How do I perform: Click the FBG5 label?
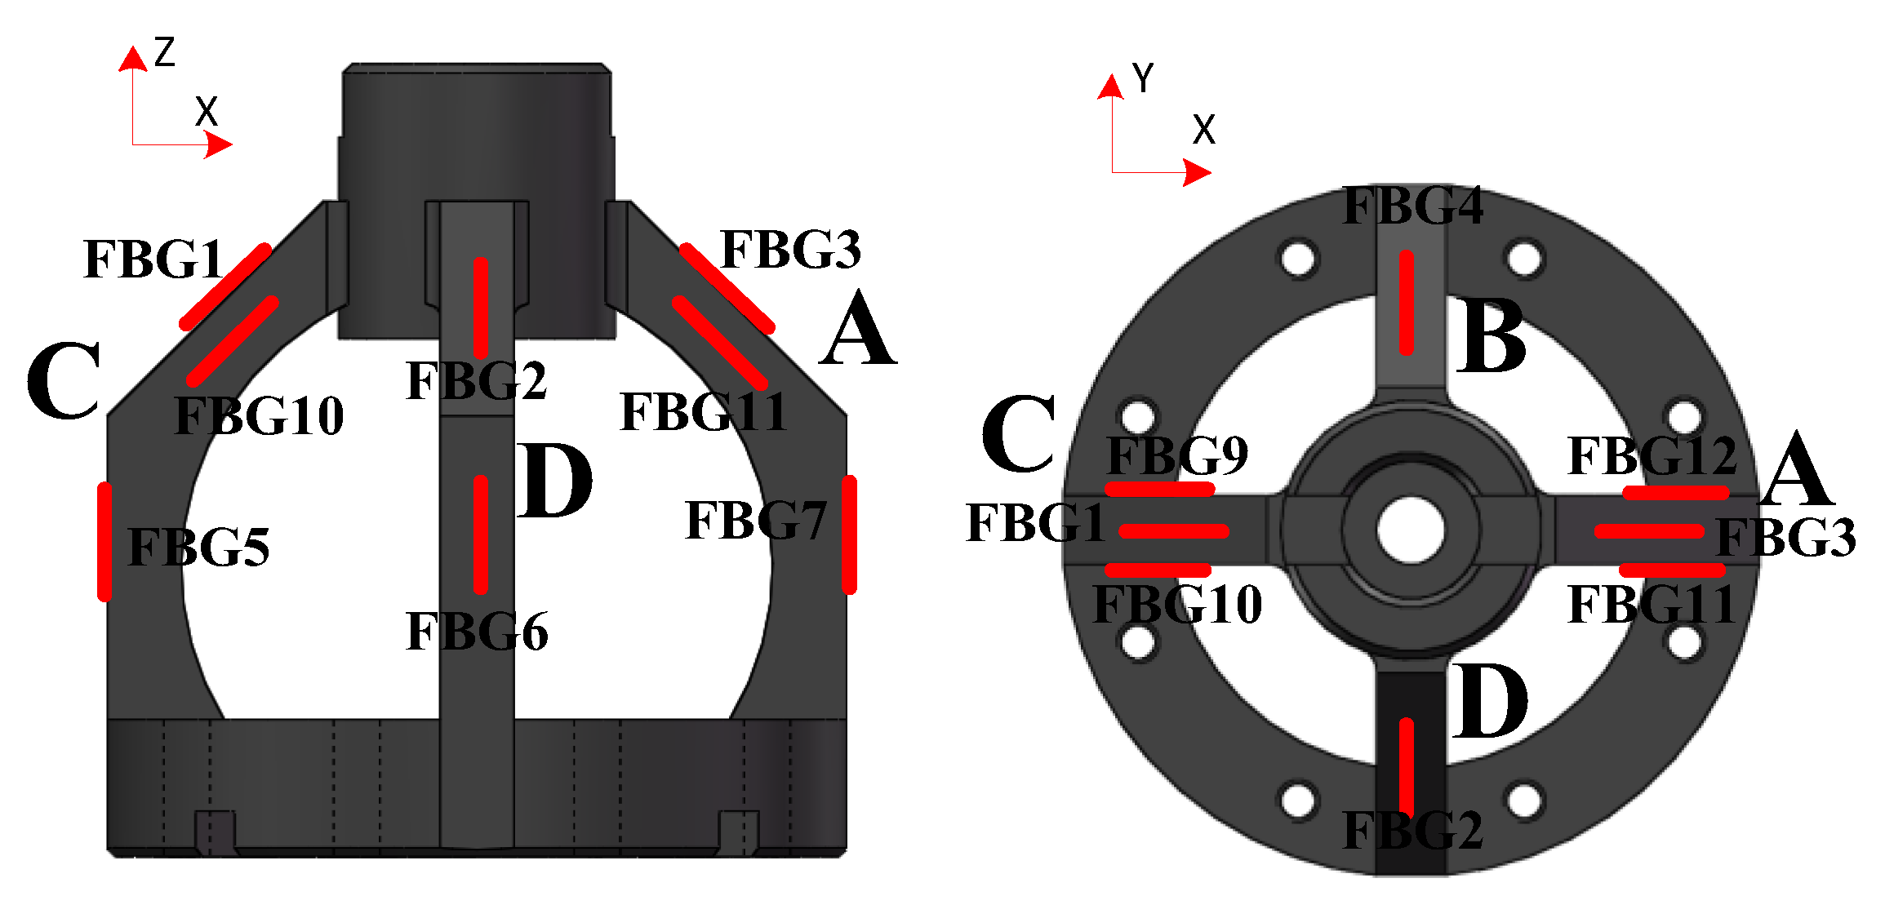click(198, 547)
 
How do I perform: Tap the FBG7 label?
click(756, 521)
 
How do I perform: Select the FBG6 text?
click(477, 632)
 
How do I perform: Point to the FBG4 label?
click(1413, 206)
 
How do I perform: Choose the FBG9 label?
click(1177, 455)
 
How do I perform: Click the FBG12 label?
click(1652, 455)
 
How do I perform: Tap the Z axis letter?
click(165, 52)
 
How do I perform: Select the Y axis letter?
click(1143, 78)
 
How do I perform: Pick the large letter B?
click(1491, 336)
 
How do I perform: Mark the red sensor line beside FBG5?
click(104, 542)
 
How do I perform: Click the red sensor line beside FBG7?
click(850, 535)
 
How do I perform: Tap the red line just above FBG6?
click(481, 535)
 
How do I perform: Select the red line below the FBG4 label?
click(1406, 303)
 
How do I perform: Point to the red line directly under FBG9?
click(1160, 490)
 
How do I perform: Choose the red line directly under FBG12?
click(1676, 493)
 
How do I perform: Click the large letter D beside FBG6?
click(554, 481)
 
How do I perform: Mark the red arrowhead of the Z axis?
click(131, 59)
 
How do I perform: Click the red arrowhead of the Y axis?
click(1110, 87)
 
